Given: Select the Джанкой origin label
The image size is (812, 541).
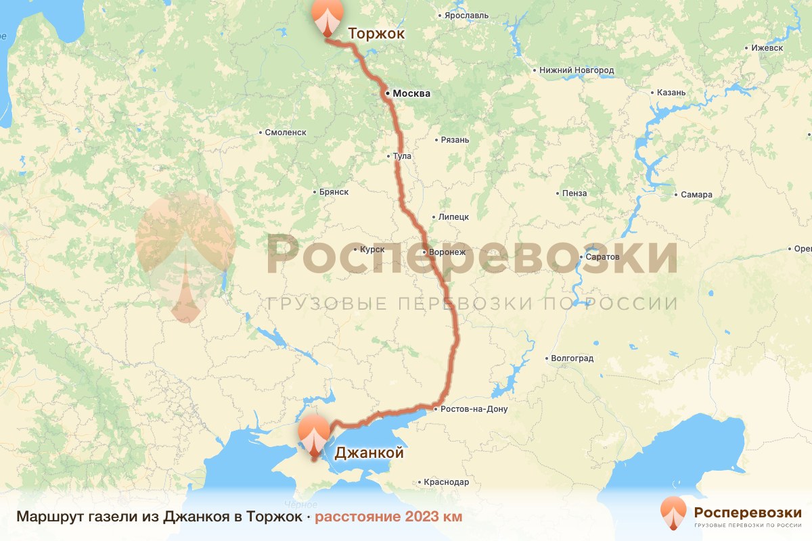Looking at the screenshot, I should point(369,452).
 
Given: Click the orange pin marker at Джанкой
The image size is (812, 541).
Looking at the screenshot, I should point(314,437).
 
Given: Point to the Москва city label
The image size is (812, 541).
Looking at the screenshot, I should point(411,93).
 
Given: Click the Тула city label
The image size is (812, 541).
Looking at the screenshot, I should point(402,156).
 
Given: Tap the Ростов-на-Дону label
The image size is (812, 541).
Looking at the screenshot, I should point(473,409).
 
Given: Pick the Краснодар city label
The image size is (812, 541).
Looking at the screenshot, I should point(446,482).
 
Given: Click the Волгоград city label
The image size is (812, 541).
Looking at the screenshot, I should point(572,358).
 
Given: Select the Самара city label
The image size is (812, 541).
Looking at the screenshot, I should point(696,195).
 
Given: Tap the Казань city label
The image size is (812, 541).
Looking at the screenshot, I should point(671,93).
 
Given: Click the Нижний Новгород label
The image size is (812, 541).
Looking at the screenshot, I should point(576,70).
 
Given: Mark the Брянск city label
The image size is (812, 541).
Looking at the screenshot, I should point(334,192).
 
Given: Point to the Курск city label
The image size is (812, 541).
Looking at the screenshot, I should point(372,250).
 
